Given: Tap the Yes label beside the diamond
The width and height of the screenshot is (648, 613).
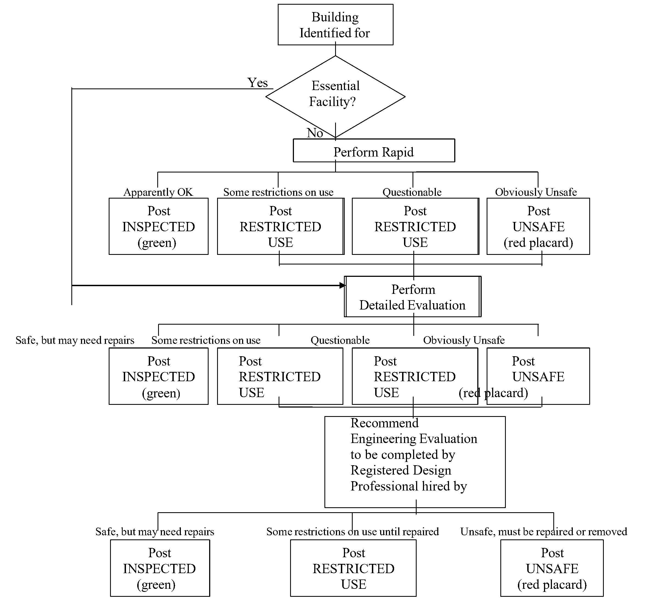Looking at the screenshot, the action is tap(257, 83).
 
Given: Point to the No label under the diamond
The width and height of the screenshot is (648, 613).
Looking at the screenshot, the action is tap(315, 133).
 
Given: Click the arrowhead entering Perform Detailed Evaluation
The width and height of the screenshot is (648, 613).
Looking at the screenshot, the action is tap(342, 286).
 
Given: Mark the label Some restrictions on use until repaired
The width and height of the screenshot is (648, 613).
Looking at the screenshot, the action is tap(352, 532).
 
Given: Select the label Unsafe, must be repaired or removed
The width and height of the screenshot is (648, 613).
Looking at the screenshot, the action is tap(543, 532).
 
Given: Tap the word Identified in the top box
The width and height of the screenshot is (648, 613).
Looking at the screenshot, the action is tap(320, 33).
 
